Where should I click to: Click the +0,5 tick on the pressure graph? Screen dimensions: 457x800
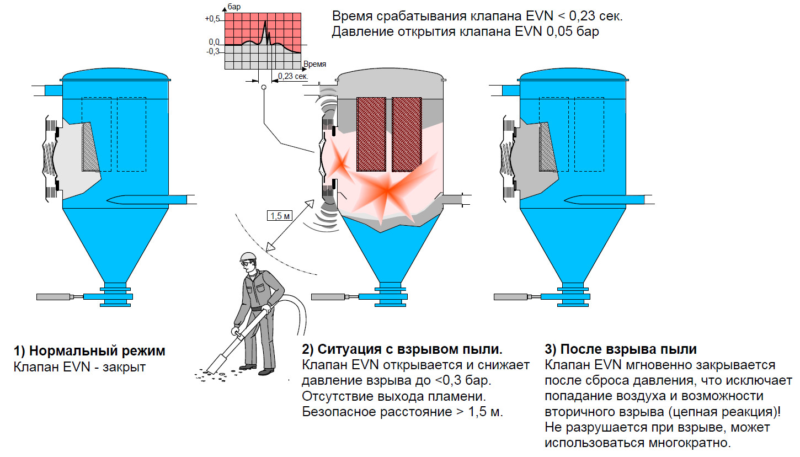pyautogui.click(x=212, y=19)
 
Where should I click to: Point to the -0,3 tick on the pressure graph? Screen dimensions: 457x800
pyautogui.click(x=212, y=51)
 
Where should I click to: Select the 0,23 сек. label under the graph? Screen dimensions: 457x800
pyautogui.click(x=293, y=76)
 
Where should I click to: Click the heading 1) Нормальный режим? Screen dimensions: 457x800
pyautogui.click(x=89, y=351)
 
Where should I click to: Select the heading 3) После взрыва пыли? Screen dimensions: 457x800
pyautogui.click(x=621, y=349)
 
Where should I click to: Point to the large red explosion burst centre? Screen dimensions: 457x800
pyautogui.click(x=388, y=190)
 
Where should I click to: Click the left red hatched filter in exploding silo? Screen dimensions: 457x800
pyautogui.click(x=372, y=134)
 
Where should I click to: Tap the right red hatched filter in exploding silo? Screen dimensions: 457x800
pyautogui.click(x=407, y=134)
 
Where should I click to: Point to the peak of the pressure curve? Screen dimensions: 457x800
pyautogui.click(x=265, y=21)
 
